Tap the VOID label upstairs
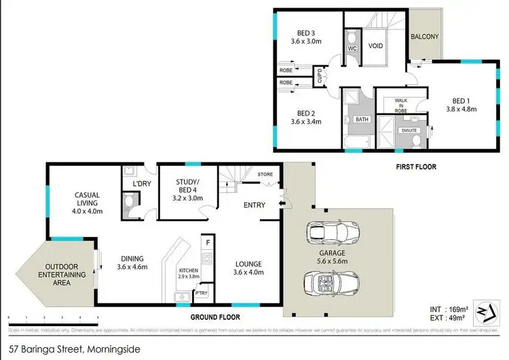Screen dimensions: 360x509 (x=376, y=46)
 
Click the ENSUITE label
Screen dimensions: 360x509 (x=409, y=130)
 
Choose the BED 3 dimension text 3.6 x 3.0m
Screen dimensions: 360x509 (x=307, y=41)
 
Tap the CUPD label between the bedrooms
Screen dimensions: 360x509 (x=320, y=75)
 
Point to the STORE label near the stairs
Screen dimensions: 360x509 (x=265, y=175)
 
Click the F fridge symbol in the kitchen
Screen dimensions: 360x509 (x=206, y=241)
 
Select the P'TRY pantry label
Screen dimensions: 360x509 (x=202, y=293)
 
